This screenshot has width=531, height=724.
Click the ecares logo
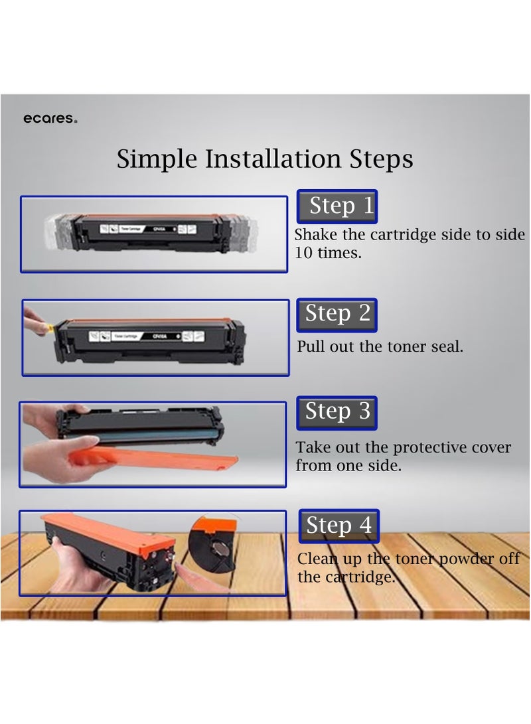click(50, 119)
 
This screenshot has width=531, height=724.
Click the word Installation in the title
click(273, 160)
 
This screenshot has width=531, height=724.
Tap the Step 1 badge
click(336, 206)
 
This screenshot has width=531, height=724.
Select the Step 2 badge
click(337, 314)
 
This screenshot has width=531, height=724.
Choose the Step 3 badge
click(337, 412)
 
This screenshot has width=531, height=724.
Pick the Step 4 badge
click(339, 526)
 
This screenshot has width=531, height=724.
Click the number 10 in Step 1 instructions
click(304, 253)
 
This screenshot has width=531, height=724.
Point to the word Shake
click(316, 235)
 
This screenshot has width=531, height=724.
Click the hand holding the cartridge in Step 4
click(76, 564)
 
